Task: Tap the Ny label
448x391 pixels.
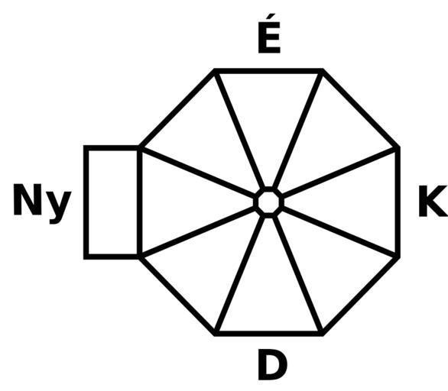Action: [42, 204]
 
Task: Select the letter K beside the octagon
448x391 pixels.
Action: [433, 201]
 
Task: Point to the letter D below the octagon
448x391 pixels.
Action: [273, 364]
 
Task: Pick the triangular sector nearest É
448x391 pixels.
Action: [268, 120]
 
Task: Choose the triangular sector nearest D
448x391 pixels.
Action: [268, 286]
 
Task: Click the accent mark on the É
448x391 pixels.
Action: [271, 17]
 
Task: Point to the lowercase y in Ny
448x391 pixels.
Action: [60, 207]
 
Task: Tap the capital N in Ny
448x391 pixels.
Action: [28, 199]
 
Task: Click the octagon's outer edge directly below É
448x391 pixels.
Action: [269, 71]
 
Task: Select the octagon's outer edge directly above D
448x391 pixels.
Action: [269, 334]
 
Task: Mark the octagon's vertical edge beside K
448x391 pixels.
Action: [398, 202]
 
